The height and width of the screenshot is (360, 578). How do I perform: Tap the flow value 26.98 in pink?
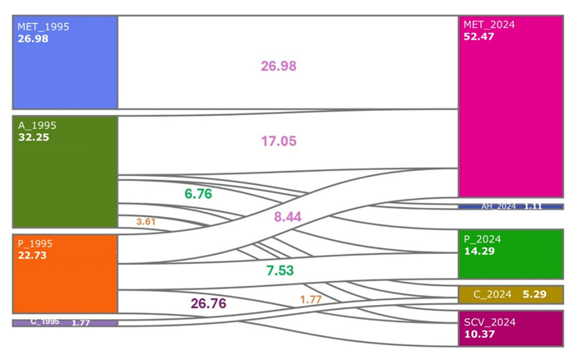click(279, 66)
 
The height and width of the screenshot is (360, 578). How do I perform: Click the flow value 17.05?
click(279, 141)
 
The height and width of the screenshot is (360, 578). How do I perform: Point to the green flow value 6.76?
click(198, 194)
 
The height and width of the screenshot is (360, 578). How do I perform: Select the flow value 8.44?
click(287, 217)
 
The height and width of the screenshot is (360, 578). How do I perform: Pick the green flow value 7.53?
click(280, 270)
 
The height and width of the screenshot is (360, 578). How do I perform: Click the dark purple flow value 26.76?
click(208, 303)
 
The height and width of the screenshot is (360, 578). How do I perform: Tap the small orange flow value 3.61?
click(146, 222)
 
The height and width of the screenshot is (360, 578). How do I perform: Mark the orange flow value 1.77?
click(310, 300)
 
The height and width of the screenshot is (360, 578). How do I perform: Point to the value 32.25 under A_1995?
click(34, 137)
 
